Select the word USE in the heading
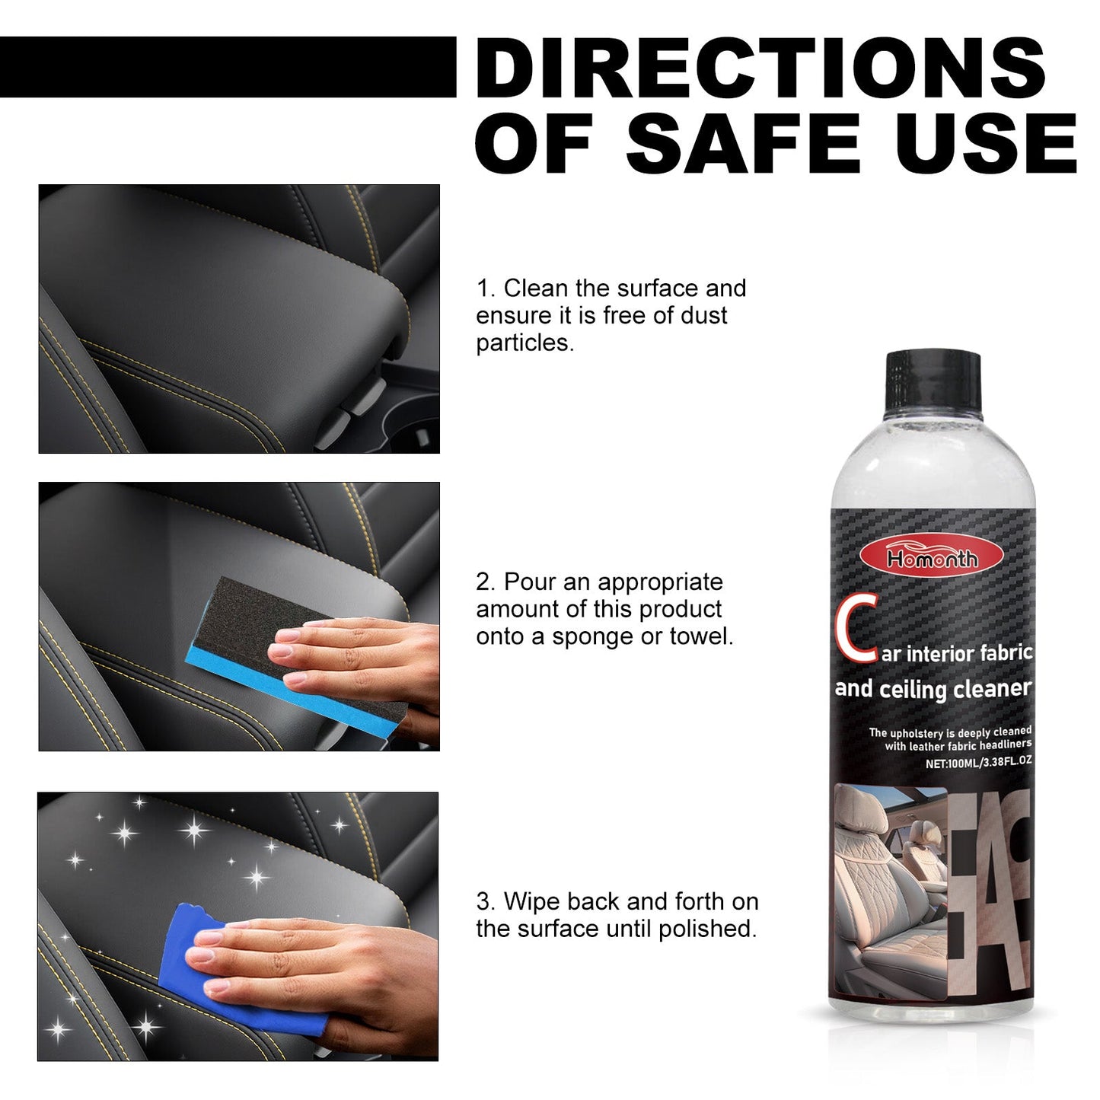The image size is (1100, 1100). [987, 144]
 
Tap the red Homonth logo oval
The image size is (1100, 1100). [932, 558]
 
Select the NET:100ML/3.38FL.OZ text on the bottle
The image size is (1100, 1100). [978, 761]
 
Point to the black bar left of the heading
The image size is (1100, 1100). [228, 67]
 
